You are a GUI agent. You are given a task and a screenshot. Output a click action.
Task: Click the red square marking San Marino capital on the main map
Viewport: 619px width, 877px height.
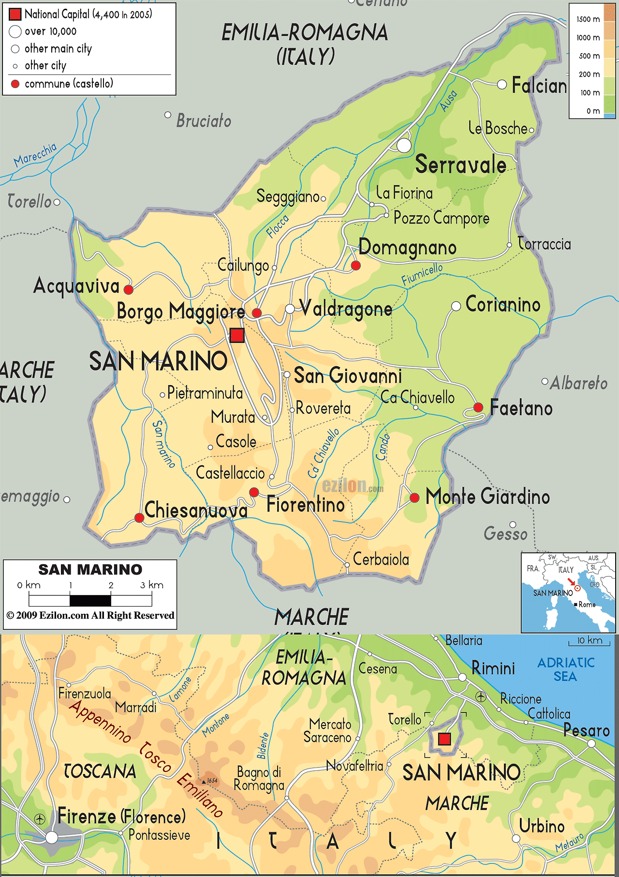tap(237, 335)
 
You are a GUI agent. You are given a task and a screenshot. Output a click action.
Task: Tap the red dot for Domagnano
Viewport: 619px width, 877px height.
tap(355, 265)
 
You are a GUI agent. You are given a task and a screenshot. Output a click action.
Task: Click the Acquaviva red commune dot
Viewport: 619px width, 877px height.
tap(128, 290)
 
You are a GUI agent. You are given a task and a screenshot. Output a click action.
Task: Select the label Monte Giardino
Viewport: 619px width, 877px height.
tap(487, 497)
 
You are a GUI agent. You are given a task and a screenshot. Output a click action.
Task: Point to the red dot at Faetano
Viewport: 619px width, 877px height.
tap(478, 407)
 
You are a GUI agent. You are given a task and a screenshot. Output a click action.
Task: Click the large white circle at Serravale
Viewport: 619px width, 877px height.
tap(404, 145)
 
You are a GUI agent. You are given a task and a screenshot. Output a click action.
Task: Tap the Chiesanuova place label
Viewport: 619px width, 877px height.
tap(196, 511)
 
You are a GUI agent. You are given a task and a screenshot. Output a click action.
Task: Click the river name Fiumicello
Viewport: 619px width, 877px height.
tap(422, 274)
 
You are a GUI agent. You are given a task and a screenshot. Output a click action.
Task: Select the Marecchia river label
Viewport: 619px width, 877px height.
tap(35, 155)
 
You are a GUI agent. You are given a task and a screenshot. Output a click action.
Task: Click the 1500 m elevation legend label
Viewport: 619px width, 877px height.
tap(588, 19)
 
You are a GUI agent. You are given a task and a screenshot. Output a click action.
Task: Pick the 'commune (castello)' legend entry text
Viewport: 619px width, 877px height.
tap(69, 84)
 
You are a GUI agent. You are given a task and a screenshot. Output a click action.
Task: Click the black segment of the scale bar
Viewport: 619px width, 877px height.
tap(90, 601)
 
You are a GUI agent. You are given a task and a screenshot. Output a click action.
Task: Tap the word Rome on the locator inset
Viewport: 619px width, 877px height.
tap(587, 605)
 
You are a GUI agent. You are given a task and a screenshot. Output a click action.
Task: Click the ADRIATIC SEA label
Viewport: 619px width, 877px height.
tap(566, 669)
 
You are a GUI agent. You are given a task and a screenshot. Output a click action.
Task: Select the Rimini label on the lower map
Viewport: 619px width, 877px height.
tap(493, 669)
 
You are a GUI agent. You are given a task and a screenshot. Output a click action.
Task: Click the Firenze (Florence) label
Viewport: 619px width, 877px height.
tap(121, 817)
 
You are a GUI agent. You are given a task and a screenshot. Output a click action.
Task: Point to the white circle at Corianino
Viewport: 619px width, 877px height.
tap(456, 306)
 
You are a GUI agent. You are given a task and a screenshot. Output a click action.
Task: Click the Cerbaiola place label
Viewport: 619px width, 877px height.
tap(381, 560)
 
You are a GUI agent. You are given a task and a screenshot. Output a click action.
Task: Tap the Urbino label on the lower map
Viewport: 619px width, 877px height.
tap(542, 826)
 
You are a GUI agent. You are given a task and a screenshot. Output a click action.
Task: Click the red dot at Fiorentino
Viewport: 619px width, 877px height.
tap(254, 492)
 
